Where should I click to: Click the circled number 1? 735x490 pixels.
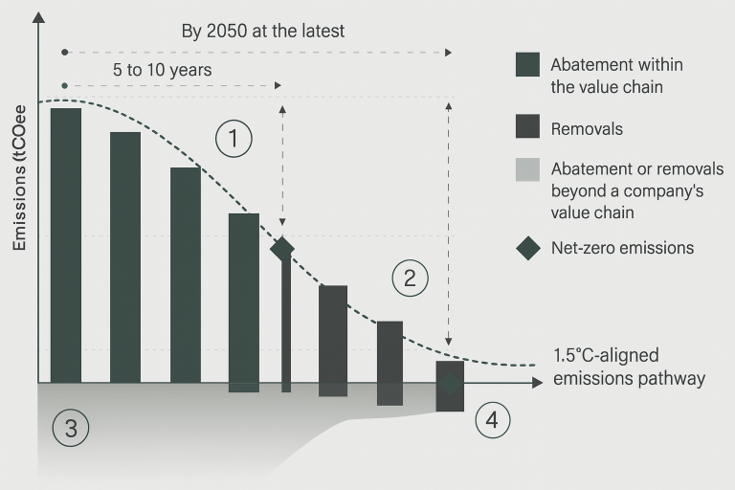pos(233,139)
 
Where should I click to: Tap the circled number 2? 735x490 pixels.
pos(410,278)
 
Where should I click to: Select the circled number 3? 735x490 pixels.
pos(71,428)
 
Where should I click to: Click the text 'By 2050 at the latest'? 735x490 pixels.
pos(263,32)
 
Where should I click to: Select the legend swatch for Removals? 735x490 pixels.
pos(528,127)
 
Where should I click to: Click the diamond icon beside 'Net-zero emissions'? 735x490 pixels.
pos(528,248)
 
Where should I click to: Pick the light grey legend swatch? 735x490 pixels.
pos(528,169)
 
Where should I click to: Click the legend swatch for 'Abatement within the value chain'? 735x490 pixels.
pos(528,64)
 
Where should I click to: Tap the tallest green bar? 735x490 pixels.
pos(66,244)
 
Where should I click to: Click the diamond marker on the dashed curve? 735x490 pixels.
pos(281,249)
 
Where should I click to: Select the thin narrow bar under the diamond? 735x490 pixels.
pos(285,325)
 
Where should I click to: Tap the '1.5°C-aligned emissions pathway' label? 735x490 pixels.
pos(629,367)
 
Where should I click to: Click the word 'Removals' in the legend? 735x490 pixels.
pos(587,128)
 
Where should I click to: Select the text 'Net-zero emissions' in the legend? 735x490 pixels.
pos(622,248)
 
